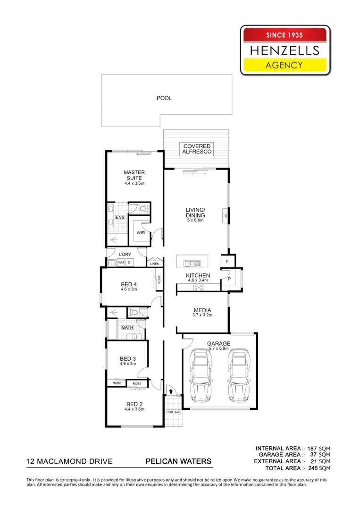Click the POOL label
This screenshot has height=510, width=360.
point(164,98)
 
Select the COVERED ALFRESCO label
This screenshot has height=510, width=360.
point(197,149)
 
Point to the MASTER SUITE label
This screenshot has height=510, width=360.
point(134,175)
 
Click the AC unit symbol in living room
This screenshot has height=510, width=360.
point(226,216)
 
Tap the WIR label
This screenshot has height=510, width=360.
point(141,233)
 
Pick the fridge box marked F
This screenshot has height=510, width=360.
point(227,261)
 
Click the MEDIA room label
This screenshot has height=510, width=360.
point(202,310)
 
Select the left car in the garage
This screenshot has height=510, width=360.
point(201,374)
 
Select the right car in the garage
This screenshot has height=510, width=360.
point(238,374)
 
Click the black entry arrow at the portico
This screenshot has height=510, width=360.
point(171,391)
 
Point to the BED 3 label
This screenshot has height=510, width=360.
point(128,358)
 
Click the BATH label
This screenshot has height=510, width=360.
point(127,327)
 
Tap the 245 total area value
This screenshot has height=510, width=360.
point(311,468)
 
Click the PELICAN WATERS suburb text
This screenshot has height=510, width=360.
point(178,461)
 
